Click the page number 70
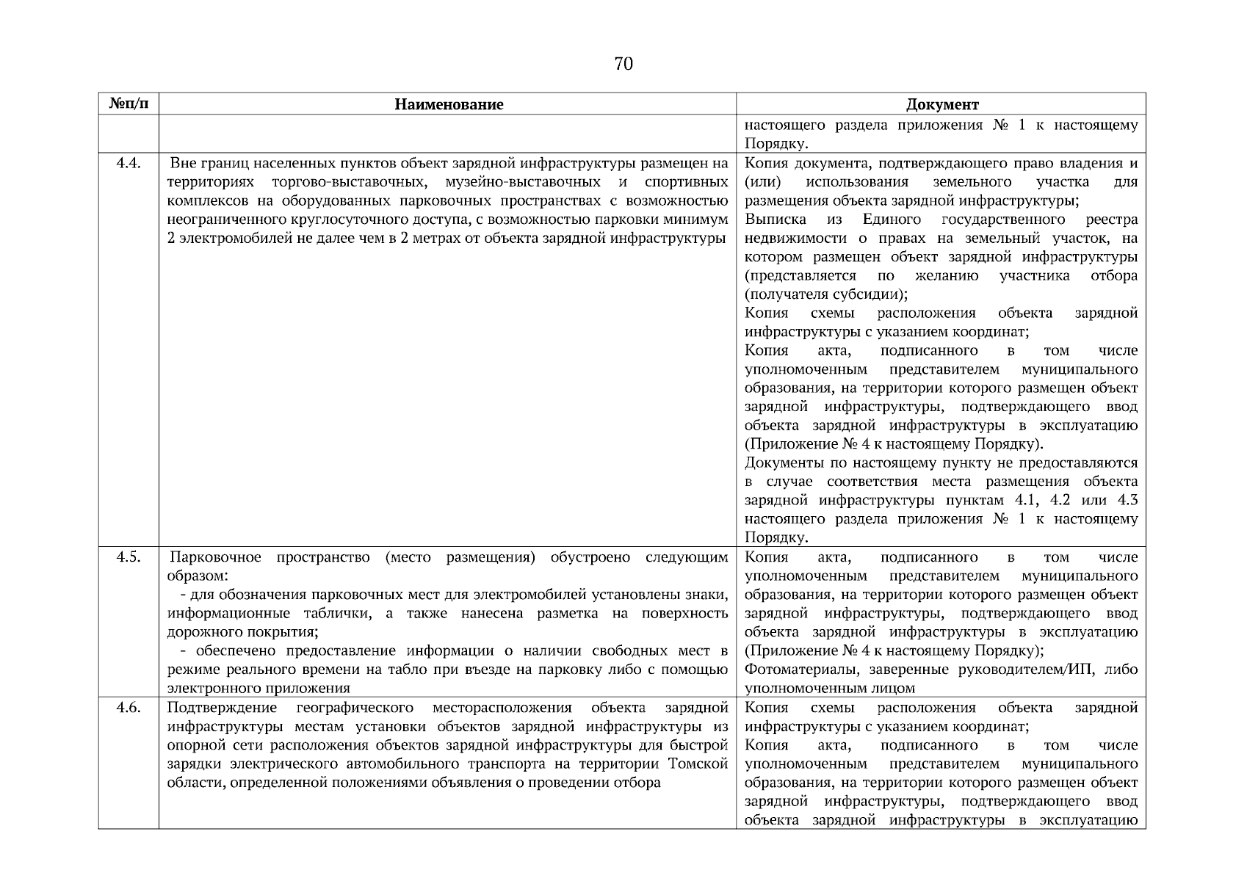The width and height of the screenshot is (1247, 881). point(623,65)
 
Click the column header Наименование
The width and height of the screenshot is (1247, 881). point(448,104)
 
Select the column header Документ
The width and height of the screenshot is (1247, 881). point(941,104)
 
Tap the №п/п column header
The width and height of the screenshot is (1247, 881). point(129,104)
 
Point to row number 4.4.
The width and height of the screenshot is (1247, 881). point(129,163)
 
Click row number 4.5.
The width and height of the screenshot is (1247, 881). point(129,557)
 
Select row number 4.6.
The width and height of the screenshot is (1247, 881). point(129,708)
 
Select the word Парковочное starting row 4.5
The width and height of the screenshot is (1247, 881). point(215,557)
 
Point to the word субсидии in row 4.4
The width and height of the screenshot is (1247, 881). point(873,295)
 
